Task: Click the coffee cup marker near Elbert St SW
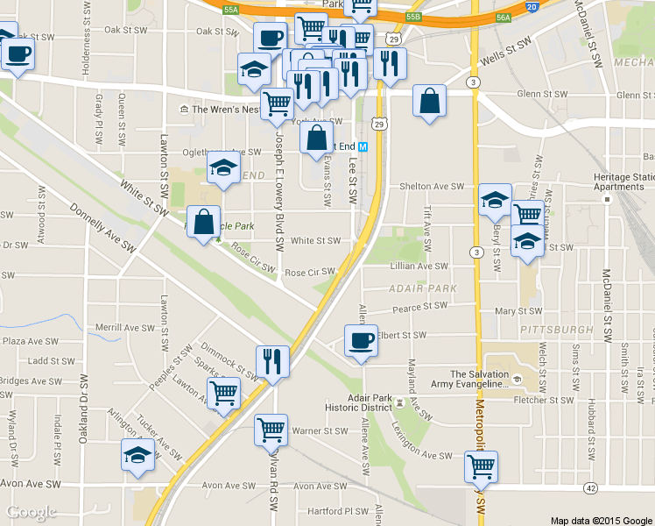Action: (360, 341)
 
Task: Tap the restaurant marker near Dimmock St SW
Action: (272, 361)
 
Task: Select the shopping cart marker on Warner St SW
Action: (271, 430)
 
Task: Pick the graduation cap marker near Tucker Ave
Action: (138, 455)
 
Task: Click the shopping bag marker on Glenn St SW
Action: (430, 101)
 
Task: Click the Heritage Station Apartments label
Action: (624, 181)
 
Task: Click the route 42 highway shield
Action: (591, 487)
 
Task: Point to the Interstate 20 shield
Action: (532, 7)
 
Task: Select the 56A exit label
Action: (503, 17)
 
